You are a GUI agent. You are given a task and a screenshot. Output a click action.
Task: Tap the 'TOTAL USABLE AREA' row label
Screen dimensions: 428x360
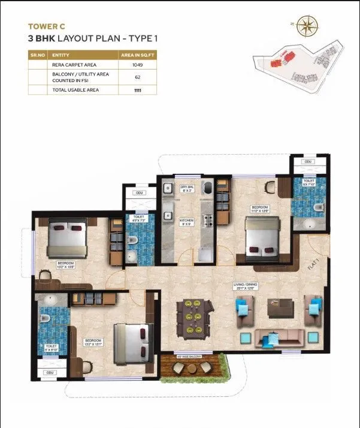point(75,89)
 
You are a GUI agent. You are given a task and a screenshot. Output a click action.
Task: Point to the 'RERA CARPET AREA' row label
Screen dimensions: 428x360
point(74,65)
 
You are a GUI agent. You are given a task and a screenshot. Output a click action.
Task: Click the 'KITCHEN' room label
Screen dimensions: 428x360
point(187,221)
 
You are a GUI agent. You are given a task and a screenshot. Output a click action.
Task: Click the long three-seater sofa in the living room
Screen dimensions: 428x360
point(280,339)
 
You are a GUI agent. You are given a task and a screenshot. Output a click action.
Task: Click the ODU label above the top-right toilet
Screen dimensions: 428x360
point(307,162)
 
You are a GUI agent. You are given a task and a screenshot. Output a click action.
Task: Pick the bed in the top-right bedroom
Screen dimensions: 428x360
point(262,236)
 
